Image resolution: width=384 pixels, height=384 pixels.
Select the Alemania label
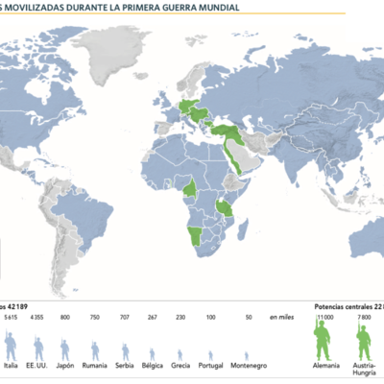[x=325, y=367]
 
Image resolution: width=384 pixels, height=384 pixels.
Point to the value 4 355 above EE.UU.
[x=38, y=316]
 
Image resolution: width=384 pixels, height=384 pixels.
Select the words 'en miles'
[x=280, y=316]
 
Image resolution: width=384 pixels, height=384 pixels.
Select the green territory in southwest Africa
[x=198, y=236]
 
